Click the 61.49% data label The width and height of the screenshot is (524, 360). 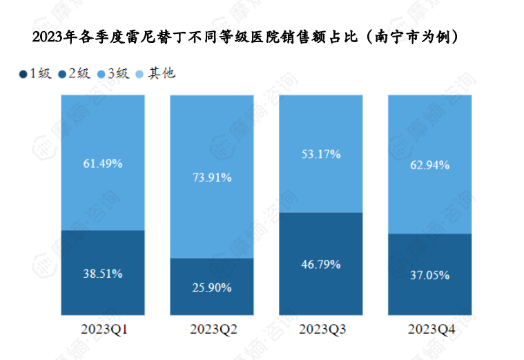103,164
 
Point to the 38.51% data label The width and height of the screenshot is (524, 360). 103,274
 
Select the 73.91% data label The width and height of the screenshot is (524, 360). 212,178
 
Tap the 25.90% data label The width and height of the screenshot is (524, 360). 212,287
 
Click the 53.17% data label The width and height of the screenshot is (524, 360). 321,154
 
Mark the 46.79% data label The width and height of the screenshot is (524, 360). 321,264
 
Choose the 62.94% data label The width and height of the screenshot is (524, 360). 430,165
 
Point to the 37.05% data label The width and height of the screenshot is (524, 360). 430,275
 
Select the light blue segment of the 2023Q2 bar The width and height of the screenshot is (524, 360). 212,138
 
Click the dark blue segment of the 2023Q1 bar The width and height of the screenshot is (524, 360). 103,297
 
